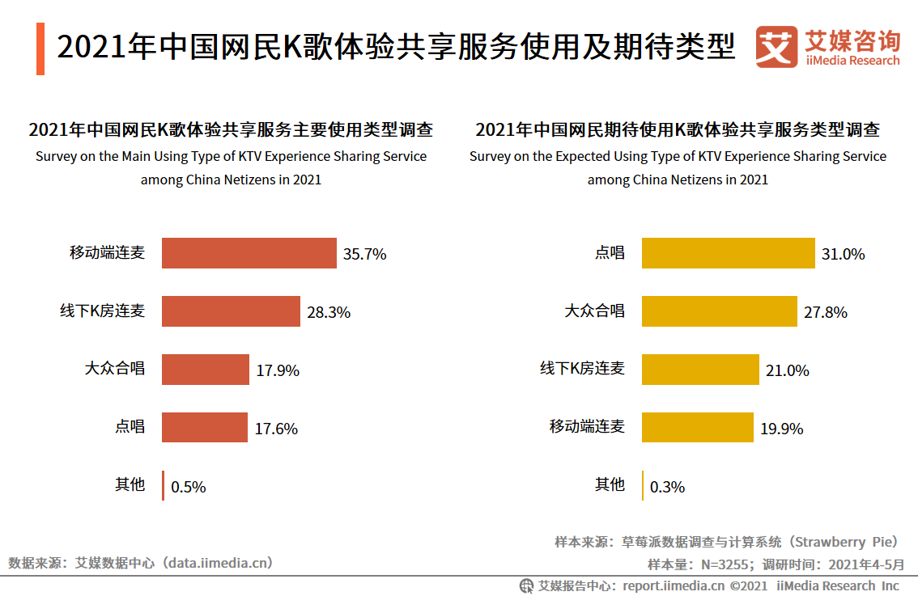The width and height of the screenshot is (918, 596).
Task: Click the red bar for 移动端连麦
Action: click(x=249, y=253)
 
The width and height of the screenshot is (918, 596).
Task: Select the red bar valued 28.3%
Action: click(x=231, y=311)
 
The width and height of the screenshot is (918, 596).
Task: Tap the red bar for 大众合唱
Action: click(x=205, y=370)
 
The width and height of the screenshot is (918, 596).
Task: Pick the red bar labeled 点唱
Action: click(x=204, y=428)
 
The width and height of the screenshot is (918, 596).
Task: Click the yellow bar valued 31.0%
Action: click(x=728, y=253)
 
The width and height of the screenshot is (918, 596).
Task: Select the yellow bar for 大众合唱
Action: click(x=719, y=311)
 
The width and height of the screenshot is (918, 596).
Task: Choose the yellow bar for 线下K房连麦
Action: click(x=700, y=370)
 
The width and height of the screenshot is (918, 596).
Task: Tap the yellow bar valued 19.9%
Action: click(x=697, y=428)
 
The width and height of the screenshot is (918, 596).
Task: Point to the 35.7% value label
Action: click(x=364, y=254)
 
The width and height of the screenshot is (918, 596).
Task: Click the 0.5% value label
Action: click(x=189, y=487)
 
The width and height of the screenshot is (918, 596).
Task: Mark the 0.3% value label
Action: click(x=668, y=487)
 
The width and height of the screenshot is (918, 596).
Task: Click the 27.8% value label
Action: click(x=826, y=312)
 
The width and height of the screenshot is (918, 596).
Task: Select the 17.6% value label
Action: click(x=276, y=429)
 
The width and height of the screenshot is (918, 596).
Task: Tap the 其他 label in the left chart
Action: click(x=130, y=484)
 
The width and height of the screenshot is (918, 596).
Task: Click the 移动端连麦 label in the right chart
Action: click(x=587, y=426)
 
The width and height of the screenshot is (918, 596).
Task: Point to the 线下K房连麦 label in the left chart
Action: click(x=102, y=311)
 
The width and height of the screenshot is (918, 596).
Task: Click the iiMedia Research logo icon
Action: click(x=776, y=48)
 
